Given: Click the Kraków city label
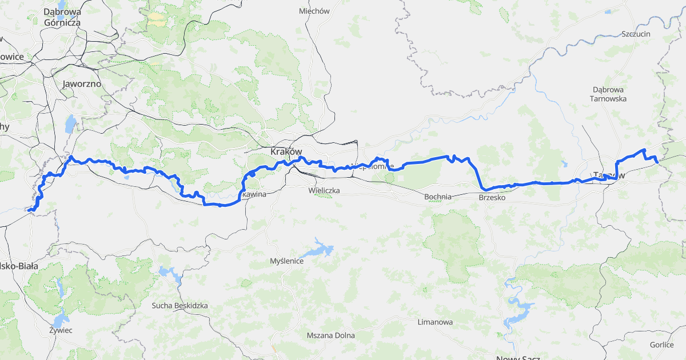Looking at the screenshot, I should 285,152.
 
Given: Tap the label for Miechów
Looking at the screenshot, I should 314,11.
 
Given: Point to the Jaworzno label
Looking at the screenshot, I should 82,83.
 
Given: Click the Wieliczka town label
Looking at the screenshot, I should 324,189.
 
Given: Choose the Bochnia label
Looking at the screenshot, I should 438,197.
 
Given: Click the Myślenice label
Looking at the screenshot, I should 287,261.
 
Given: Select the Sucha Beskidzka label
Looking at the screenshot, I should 180,306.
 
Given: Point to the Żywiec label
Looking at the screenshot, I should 61,330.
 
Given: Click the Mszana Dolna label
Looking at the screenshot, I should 330,335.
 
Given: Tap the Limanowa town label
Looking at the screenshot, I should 435,322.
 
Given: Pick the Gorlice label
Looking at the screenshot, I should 662,345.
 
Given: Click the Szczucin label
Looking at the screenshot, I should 636,34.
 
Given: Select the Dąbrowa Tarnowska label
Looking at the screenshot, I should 608,94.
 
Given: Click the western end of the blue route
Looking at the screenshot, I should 29,210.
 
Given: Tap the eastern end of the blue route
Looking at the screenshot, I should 657,163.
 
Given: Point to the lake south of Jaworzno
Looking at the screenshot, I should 70,123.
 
